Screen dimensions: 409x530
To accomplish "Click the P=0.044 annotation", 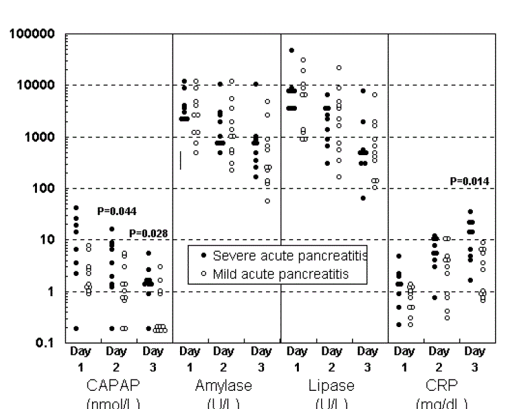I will [117, 211].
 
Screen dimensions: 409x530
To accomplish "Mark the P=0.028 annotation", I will [148, 233].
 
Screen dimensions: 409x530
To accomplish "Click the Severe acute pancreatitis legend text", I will [290, 256].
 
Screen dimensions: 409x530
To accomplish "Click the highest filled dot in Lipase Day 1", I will [292, 50].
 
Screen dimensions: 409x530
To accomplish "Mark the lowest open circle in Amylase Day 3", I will [267, 201].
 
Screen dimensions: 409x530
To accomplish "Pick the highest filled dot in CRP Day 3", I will [471, 212].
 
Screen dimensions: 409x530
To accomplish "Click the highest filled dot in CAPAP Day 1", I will [77, 208].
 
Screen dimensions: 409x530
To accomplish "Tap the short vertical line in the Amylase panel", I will [180, 160].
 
